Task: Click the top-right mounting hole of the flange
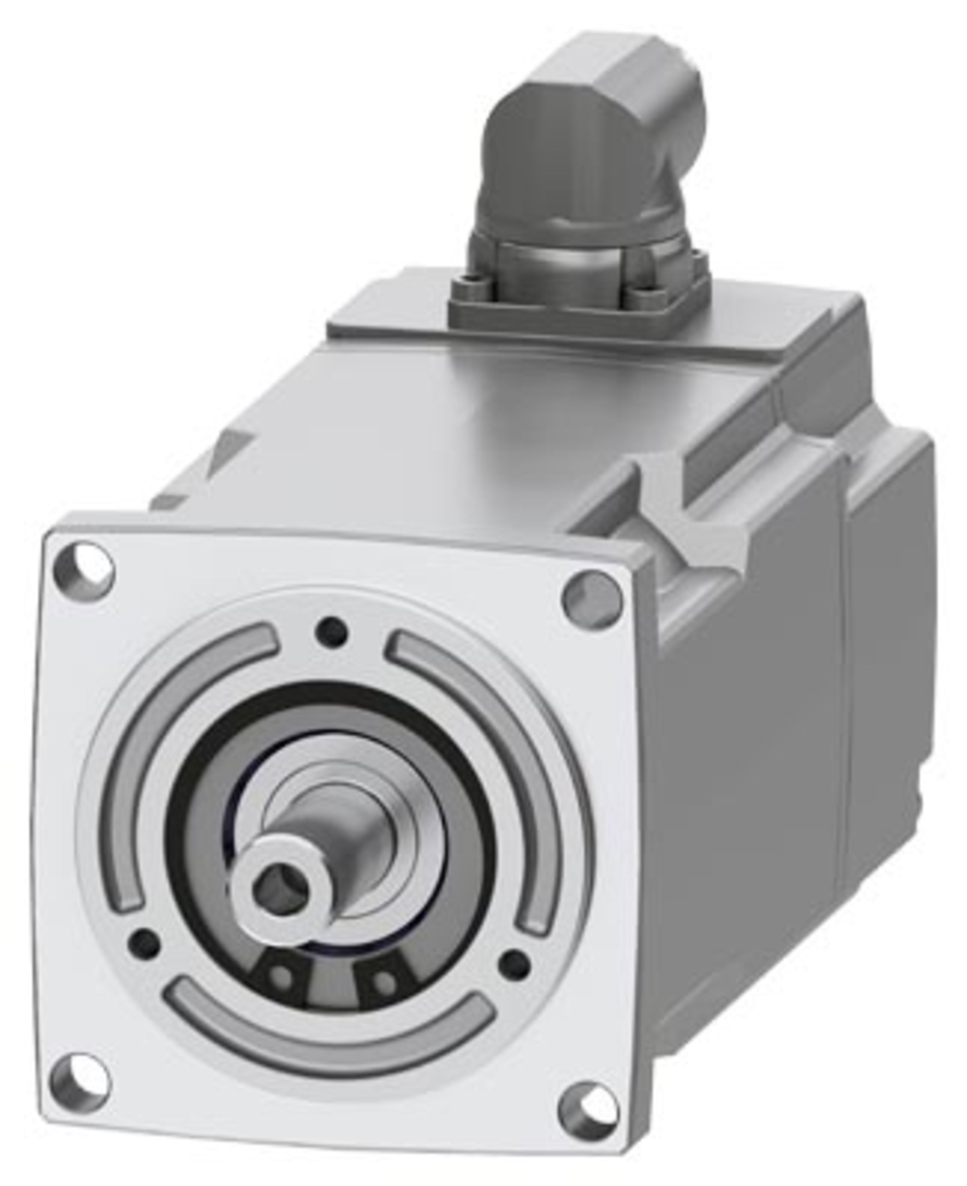[591, 600]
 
